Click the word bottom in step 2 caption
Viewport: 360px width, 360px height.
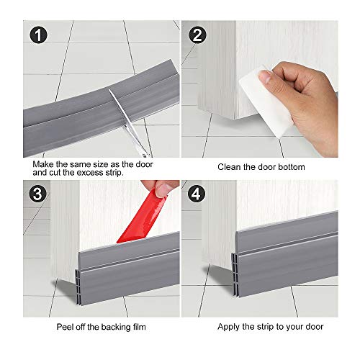(292, 167)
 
